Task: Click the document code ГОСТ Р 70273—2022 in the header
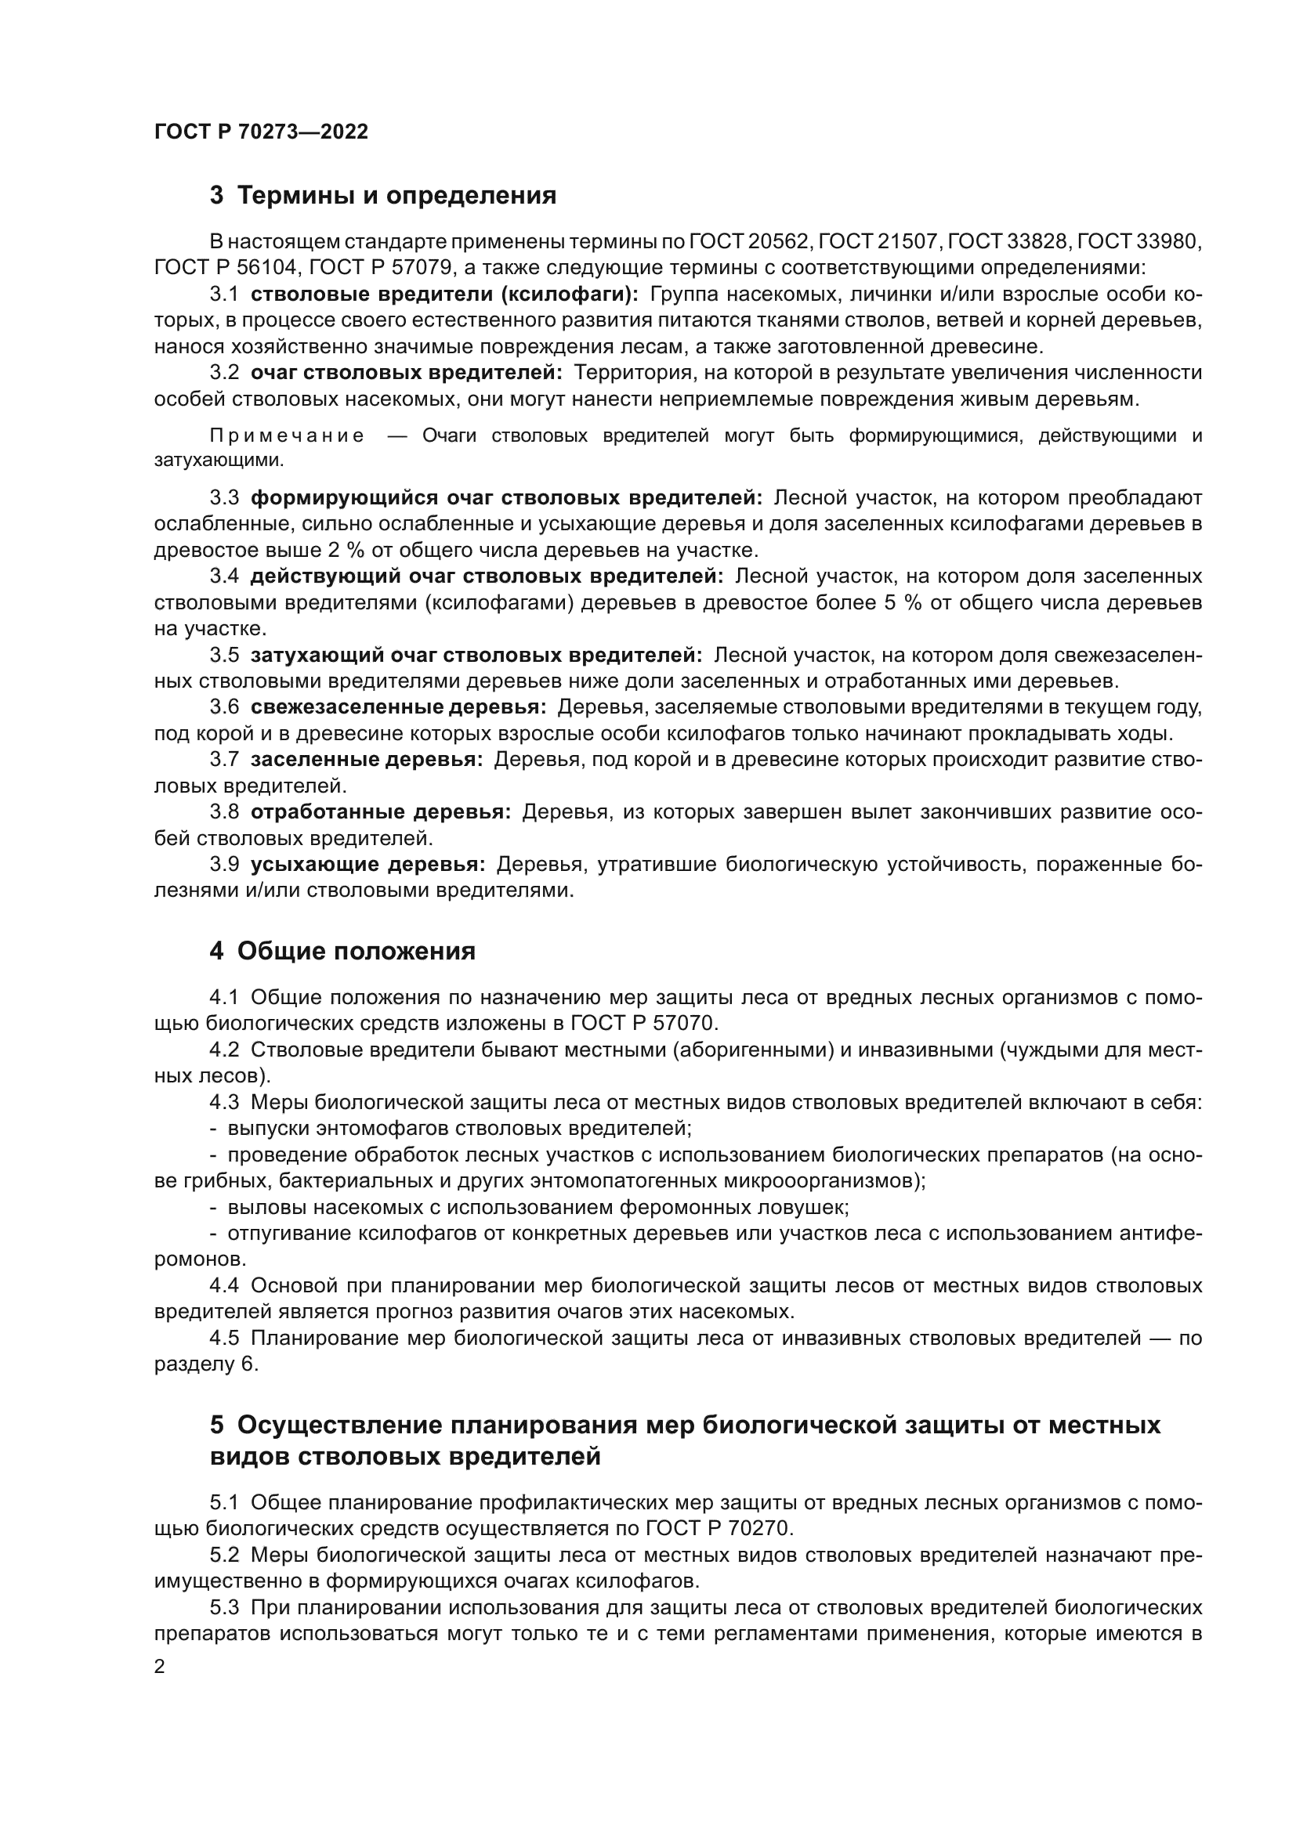(261, 132)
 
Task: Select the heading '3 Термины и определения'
(383, 196)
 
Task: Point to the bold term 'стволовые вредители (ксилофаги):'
(444, 294)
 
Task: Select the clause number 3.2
(224, 373)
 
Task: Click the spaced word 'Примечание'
(288, 435)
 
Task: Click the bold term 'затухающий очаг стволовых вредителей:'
(476, 655)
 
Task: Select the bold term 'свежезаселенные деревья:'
(398, 708)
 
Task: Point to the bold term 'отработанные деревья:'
(381, 812)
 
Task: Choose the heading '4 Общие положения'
(342, 951)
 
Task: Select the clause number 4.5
(224, 1338)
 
